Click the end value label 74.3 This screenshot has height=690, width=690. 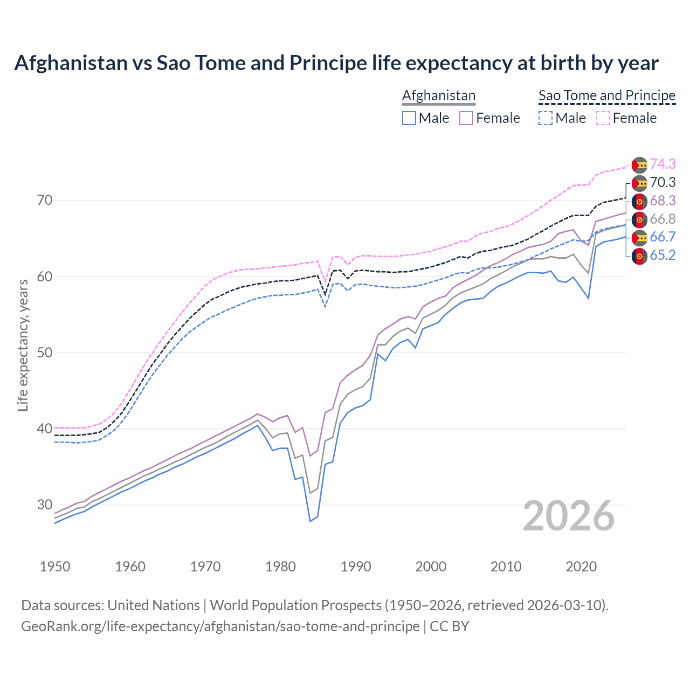pos(663,164)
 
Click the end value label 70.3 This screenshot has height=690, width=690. pos(663,182)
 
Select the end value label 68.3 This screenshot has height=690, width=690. pos(663,201)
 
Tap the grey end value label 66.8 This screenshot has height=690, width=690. pos(663,219)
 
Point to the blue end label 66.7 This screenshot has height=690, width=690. pos(663,237)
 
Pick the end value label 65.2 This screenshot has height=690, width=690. pos(663,255)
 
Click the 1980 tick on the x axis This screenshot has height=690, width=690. pos(281,567)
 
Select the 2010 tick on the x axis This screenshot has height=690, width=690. pos(506,567)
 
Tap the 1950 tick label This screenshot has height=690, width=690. pos(56,567)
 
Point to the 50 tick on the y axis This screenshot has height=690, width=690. pos(45,353)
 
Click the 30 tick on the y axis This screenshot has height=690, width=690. pos(45,505)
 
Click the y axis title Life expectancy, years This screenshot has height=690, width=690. pos(23,345)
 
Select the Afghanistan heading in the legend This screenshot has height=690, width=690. pos(439,95)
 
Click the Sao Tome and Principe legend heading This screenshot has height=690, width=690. pos(607,95)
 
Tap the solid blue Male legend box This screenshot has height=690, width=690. pos(409,118)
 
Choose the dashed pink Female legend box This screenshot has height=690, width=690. pos(603,118)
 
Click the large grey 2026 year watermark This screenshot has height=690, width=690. pos(569,516)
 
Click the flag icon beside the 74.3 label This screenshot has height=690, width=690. pos(639,165)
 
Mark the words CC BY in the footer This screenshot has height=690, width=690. pos(450,626)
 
